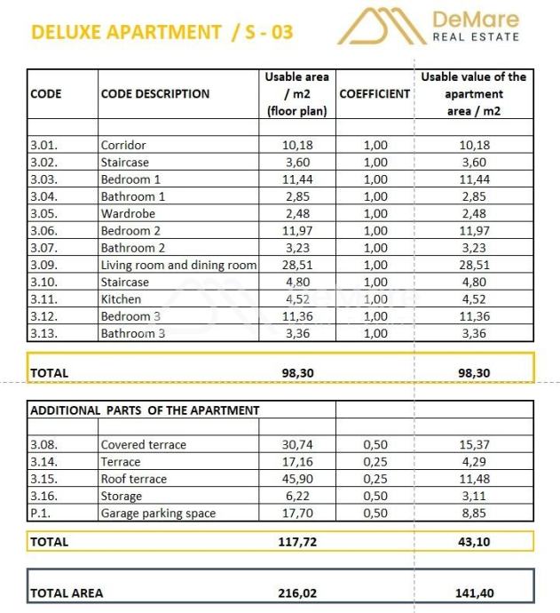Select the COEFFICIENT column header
click(375, 93)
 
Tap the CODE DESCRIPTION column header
click(155, 93)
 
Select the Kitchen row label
click(121, 299)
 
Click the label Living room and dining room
click(178, 265)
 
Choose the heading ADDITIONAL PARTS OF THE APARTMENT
click(145, 410)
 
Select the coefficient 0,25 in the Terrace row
click(375, 462)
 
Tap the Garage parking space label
click(158, 513)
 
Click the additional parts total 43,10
click(474, 541)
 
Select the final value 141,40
click(474, 593)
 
